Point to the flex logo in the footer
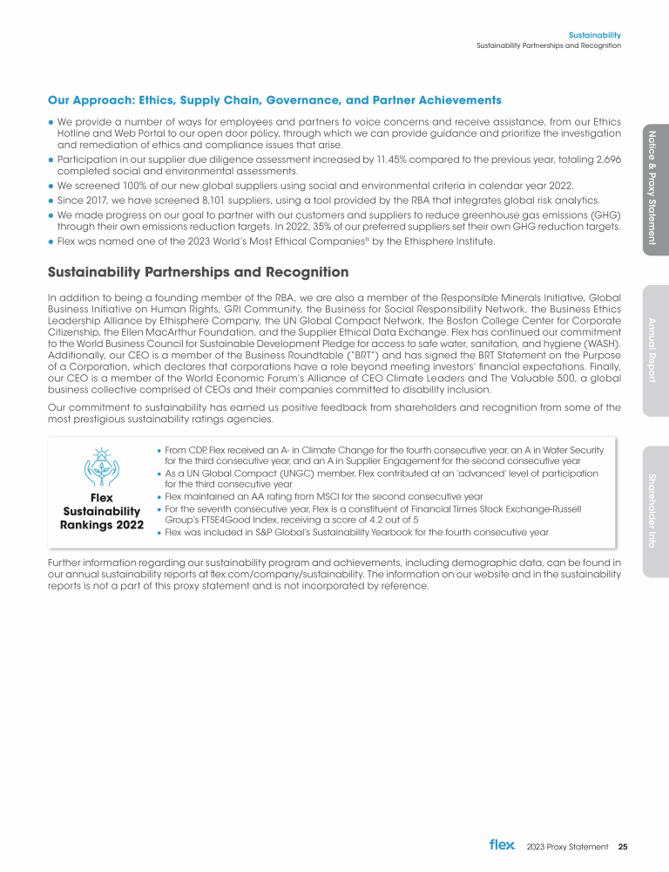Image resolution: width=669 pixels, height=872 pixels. click(x=503, y=845)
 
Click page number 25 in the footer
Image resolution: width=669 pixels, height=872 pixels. click(x=623, y=846)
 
